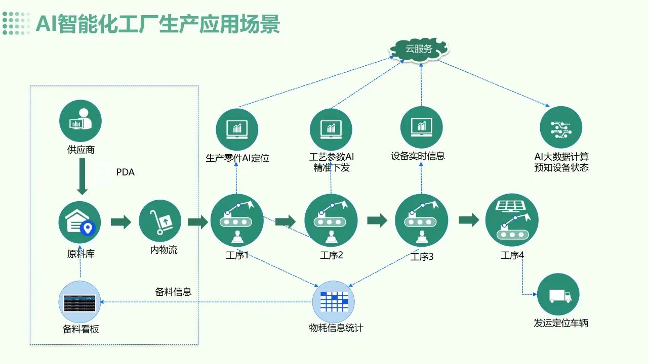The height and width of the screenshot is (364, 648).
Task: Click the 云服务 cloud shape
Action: point(419,49)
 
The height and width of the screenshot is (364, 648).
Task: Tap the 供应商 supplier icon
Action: point(80,121)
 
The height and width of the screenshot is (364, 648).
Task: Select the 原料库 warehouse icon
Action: point(80,222)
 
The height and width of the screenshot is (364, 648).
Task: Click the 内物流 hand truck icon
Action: point(160,221)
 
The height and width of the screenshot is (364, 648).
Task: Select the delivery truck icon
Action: point(558,295)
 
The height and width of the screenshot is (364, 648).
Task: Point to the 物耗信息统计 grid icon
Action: point(333,301)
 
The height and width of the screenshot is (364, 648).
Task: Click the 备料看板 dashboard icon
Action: point(80,302)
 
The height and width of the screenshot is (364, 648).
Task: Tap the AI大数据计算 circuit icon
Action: point(561,127)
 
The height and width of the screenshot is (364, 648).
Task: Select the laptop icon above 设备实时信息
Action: point(421,127)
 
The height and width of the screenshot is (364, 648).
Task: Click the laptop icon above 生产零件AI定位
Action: point(237,129)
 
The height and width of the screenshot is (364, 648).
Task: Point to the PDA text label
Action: point(126,172)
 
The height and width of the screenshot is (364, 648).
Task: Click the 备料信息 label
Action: point(173,292)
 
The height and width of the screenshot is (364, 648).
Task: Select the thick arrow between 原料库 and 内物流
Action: point(120,221)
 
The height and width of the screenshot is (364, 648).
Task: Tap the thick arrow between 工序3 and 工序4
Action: point(469,220)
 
